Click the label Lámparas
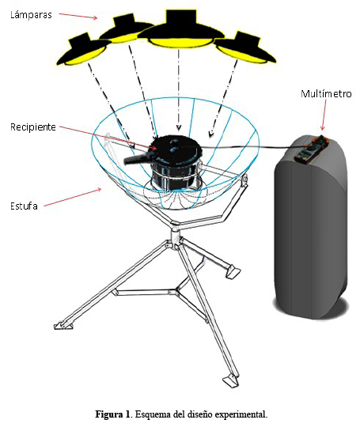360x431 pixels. click(x=31, y=15)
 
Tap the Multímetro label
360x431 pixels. click(x=326, y=94)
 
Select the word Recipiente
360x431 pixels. click(x=33, y=127)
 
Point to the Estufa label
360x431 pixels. click(x=24, y=206)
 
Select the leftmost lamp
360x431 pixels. click(x=83, y=51)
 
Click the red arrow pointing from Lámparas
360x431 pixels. click(x=78, y=16)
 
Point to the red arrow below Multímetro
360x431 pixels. click(x=324, y=115)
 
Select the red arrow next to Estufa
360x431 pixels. click(x=72, y=197)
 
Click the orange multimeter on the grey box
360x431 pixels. click(x=311, y=148)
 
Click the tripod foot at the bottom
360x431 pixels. click(x=230, y=381)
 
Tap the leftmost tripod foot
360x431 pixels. click(x=63, y=325)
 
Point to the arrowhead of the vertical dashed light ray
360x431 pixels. click(x=179, y=127)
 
